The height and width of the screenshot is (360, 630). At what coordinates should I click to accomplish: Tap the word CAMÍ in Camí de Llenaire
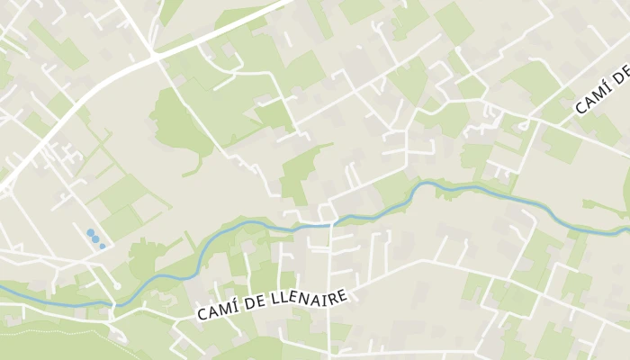tap(217, 312)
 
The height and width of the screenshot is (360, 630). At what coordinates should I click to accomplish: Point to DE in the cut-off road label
tap(621, 76)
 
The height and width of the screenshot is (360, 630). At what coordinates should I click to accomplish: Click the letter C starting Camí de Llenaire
tap(201, 315)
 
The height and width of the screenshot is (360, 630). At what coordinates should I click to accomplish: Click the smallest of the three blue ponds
tap(103, 246)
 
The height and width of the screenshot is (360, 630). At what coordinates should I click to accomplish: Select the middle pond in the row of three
tap(95, 239)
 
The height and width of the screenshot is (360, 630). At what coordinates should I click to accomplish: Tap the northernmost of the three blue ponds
tap(90, 233)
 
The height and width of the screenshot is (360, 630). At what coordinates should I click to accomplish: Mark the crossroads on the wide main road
tap(155, 57)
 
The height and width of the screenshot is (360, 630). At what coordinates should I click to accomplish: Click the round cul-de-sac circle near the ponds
tap(117, 286)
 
